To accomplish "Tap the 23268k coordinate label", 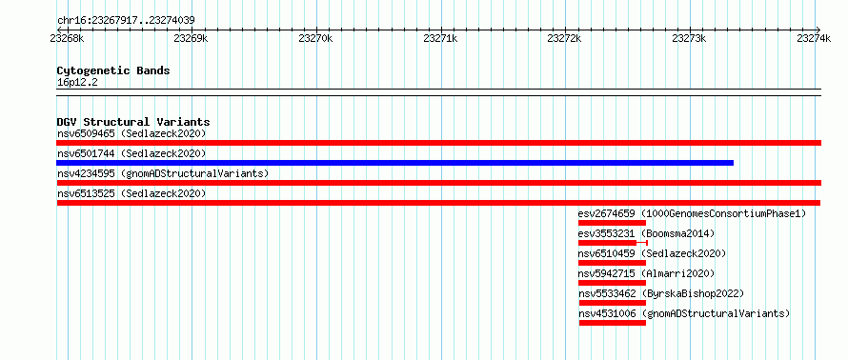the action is tap(67, 38).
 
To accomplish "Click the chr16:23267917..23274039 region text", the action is tap(126, 21).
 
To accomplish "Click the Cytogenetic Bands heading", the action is tap(113, 70).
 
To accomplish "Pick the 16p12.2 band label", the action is tap(77, 83).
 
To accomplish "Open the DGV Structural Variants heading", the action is tap(133, 122).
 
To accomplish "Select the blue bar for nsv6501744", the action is tap(394, 163).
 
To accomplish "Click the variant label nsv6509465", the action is tap(86, 133).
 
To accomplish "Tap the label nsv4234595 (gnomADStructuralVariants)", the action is tap(163, 173).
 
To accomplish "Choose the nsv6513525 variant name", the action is tap(86, 193).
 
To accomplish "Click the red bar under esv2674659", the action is tap(612, 223).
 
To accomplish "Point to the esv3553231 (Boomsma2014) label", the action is tap(646, 233).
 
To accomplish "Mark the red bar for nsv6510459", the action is tap(613, 263).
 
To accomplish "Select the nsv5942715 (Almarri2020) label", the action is tap(646, 273).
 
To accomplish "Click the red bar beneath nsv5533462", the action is tap(613, 303).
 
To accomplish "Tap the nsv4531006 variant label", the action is tap(607, 313).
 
